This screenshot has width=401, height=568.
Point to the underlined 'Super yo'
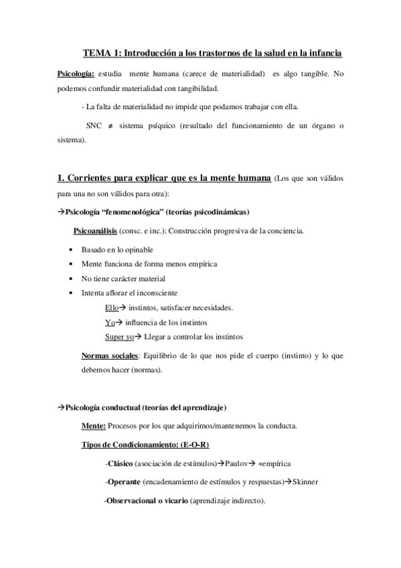point(119,336)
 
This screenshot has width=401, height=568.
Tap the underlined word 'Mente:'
point(93,425)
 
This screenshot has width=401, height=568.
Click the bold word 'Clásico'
point(120,464)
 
